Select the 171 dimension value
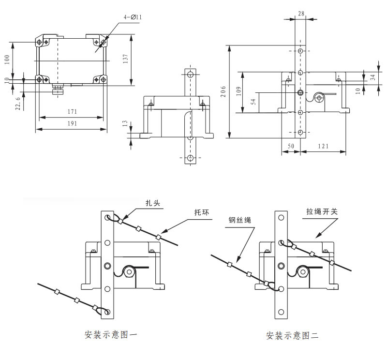73,112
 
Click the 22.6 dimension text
18,103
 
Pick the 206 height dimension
223,91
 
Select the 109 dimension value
238,92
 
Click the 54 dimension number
253,102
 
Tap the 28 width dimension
301,14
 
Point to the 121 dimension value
323,146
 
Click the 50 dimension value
291,146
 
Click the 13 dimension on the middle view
125,124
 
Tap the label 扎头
153,204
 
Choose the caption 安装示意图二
292,334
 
